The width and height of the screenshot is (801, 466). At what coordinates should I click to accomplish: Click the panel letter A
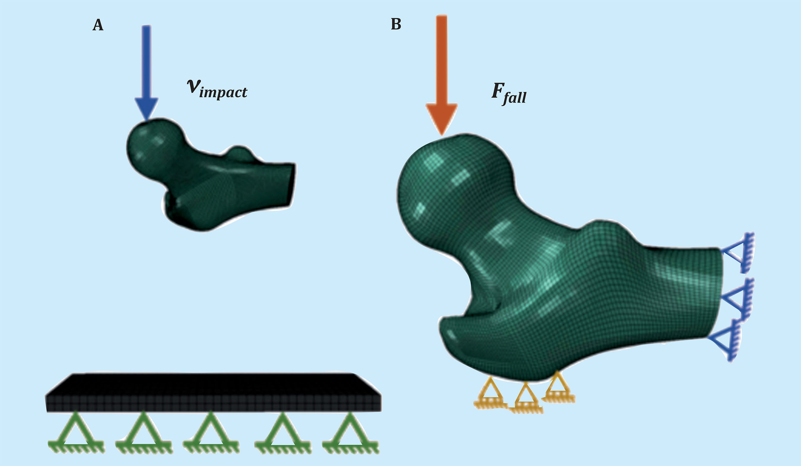point(98,25)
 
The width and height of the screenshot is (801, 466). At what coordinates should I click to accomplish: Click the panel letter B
point(396,24)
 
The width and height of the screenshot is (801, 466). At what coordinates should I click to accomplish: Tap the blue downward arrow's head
point(147,108)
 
